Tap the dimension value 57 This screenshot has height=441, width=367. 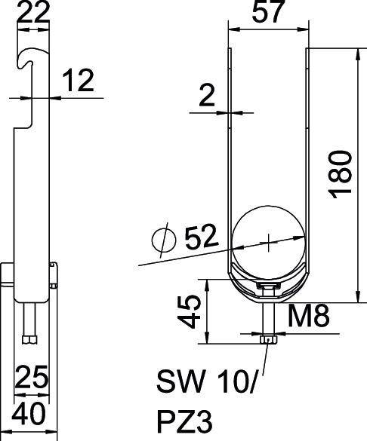pyautogui.click(x=268, y=14)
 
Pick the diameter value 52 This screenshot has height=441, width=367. pyautogui.click(x=200, y=237)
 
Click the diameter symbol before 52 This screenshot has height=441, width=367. pyautogui.click(x=162, y=240)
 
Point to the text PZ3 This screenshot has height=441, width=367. pyautogui.click(x=181, y=418)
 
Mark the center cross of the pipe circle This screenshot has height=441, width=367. pyautogui.click(x=270, y=241)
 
